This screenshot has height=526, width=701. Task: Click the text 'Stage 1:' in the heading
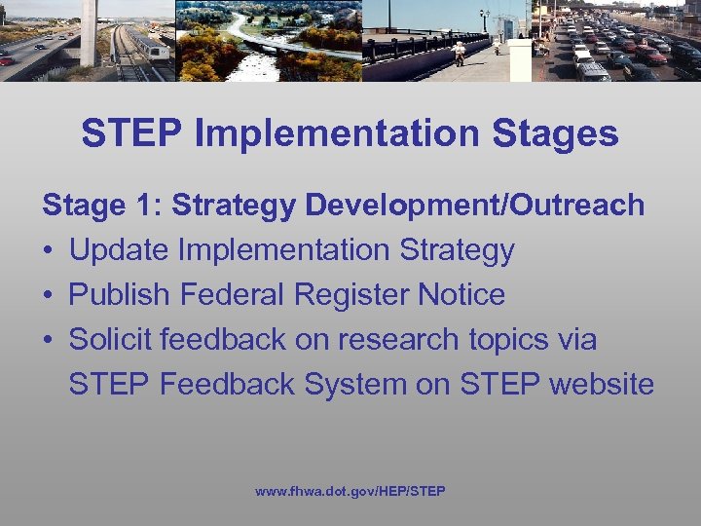pos(103,206)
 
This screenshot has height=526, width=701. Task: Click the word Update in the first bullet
pos(117,250)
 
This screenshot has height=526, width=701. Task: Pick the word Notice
pos(461,295)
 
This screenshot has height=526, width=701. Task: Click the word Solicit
pos(110,340)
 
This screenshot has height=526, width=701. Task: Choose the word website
pos(602,385)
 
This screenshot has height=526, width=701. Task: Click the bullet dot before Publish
pos(48,295)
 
